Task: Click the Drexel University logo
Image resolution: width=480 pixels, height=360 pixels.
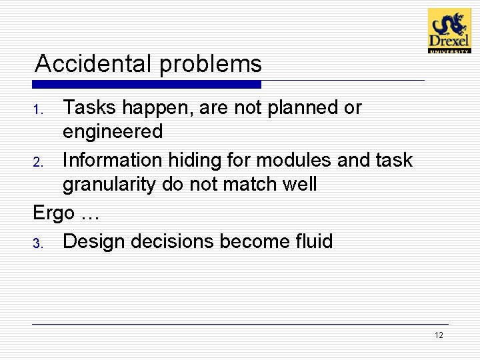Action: tap(449, 31)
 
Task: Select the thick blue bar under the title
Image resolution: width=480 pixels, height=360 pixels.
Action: tap(147, 85)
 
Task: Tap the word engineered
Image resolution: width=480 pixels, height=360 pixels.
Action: tap(112, 132)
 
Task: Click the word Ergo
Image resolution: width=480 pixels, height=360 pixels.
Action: tap(53, 214)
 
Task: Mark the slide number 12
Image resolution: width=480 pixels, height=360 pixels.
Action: tap(438, 335)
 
